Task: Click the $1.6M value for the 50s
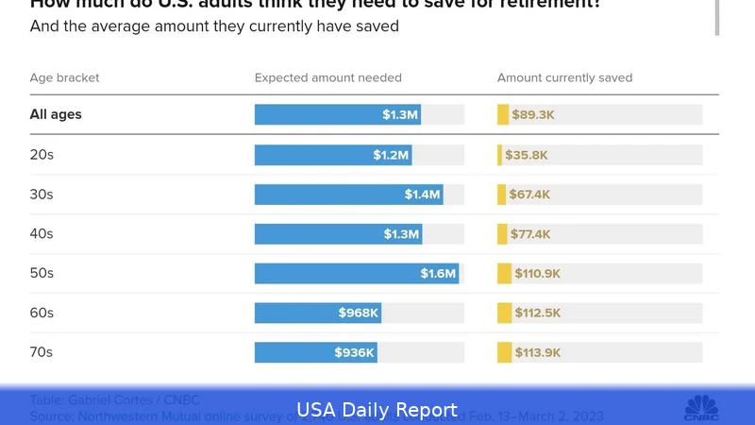tap(439, 274)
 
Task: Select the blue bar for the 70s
tap(316, 352)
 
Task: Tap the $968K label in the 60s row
tap(359, 313)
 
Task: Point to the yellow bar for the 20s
tap(500, 155)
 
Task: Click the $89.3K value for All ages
tap(533, 115)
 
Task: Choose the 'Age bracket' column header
tap(64, 77)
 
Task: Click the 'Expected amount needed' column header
tap(327, 77)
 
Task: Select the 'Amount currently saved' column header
tap(564, 77)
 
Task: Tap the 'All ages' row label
tap(56, 115)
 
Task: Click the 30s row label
tap(42, 195)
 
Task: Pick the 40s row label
tap(42, 234)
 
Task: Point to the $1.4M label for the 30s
tap(423, 195)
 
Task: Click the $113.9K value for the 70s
tap(538, 352)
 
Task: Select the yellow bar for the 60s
tap(504, 313)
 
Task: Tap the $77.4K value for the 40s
tap(532, 234)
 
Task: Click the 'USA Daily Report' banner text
tap(377, 410)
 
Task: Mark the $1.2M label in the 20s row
tap(391, 155)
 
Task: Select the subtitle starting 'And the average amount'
tap(214, 26)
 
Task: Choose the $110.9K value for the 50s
tap(538, 274)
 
